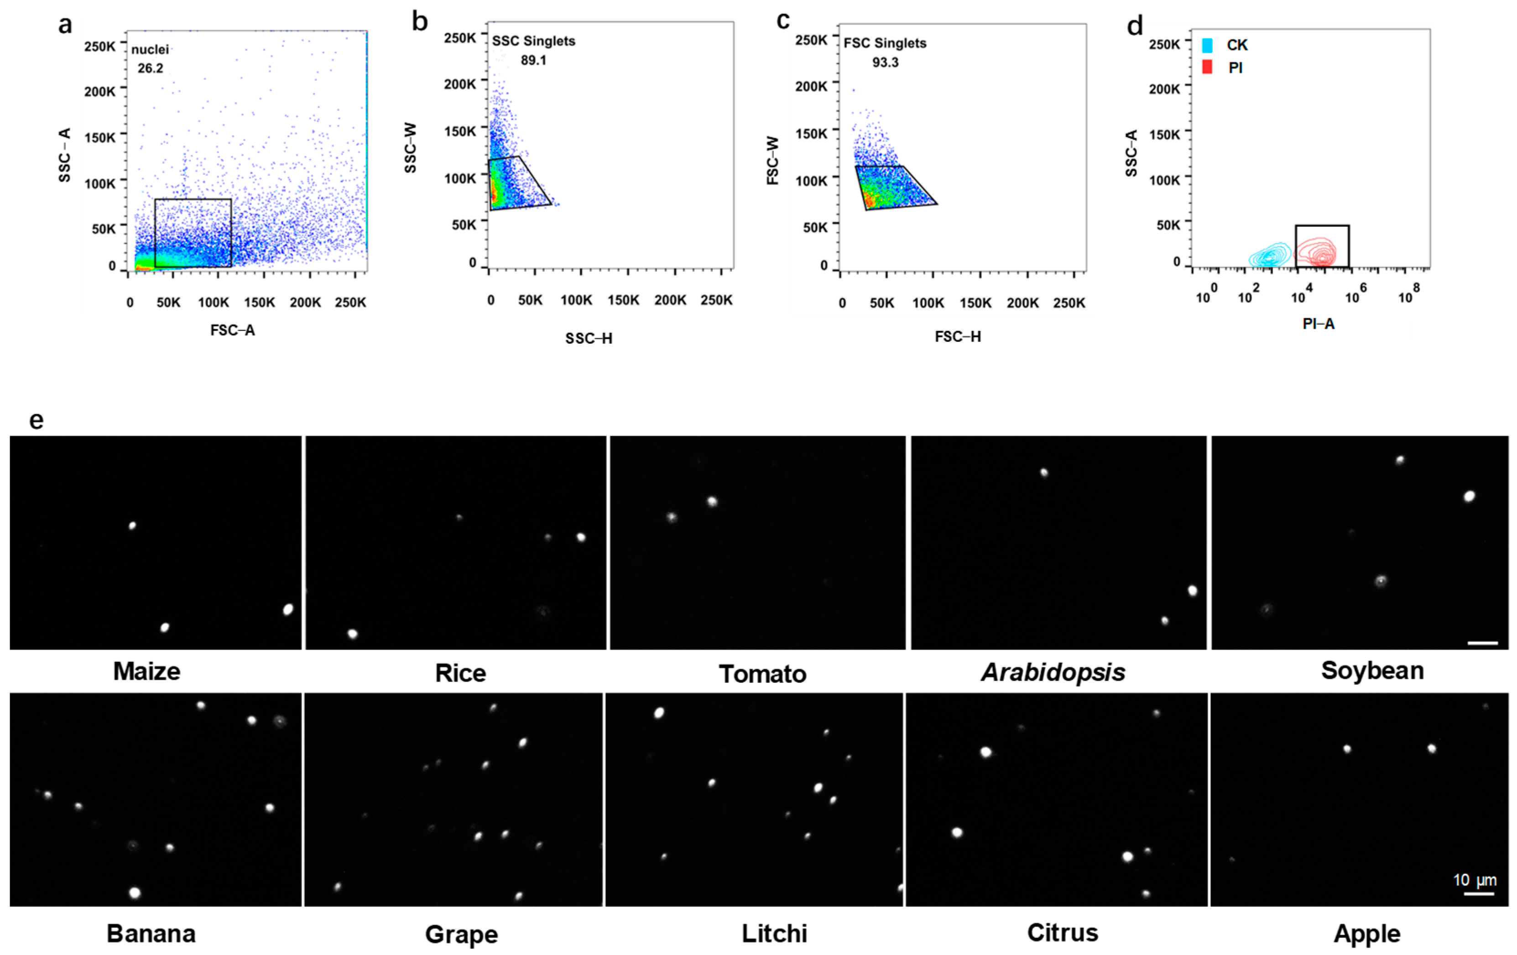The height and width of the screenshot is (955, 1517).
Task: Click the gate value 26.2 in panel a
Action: point(151,68)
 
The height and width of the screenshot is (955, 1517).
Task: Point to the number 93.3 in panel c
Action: point(885,63)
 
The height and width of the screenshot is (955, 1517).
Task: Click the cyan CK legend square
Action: point(1207,45)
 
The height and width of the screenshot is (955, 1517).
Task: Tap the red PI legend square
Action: point(1207,67)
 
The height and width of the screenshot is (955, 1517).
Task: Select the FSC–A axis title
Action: point(233,331)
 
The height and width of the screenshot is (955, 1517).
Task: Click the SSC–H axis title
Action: point(589,339)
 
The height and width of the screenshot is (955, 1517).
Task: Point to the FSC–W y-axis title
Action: point(773,161)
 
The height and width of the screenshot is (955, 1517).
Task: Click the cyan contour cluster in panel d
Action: point(1269,255)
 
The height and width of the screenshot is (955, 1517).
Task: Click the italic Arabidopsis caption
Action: point(1053,672)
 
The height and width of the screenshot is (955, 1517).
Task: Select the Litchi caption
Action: point(774,934)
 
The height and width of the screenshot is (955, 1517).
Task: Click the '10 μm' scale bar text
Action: point(1474,880)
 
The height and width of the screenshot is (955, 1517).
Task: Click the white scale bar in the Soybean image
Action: point(1482,643)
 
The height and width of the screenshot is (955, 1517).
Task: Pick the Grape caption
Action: point(461,934)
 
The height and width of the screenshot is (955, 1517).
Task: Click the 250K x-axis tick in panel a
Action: point(350,303)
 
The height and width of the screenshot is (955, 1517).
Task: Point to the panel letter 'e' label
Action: point(36,420)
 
